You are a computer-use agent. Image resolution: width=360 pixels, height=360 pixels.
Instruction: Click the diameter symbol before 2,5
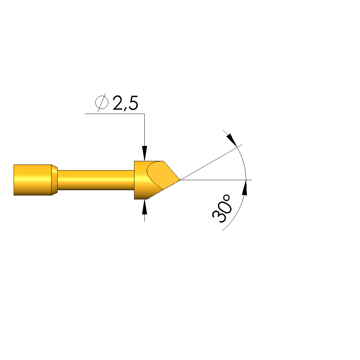(x=102, y=103)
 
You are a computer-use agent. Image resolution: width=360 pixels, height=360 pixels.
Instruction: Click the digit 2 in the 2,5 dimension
(x=118, y=103)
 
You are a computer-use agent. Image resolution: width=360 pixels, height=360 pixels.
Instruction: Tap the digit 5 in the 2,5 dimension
(x=133, y=103)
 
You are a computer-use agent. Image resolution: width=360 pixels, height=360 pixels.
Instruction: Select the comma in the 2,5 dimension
(x=126, y=109)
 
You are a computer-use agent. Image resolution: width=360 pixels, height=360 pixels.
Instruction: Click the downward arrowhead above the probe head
(x=144, y=153)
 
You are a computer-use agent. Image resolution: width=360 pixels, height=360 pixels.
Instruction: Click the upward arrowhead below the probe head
(x=144, y=207)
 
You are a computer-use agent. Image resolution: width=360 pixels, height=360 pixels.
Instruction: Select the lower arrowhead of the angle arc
(x=245, y=187)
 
